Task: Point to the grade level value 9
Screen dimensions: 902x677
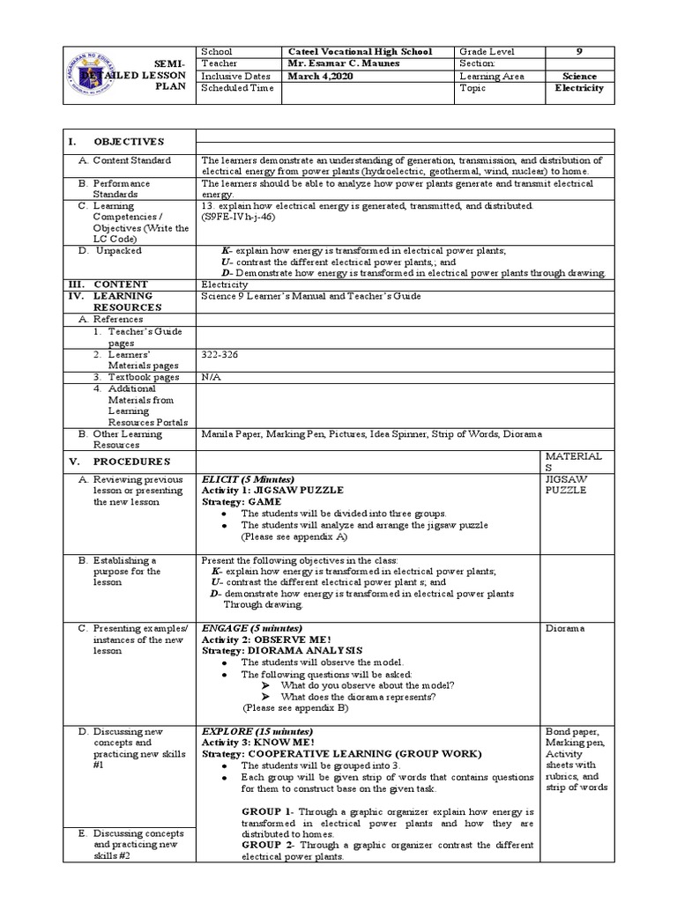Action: tap(580, 52)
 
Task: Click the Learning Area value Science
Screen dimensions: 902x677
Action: tap(579, 77)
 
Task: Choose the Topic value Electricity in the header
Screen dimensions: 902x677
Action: tap(579, 89)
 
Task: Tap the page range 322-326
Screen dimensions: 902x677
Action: tap(219, 353)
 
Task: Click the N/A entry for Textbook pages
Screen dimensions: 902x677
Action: tap(212, 376)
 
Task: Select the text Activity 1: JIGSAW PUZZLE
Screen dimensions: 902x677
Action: tap(273, 490)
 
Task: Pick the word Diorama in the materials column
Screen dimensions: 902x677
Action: tap(565, 629)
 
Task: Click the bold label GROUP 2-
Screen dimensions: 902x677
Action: tap(271, 845)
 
